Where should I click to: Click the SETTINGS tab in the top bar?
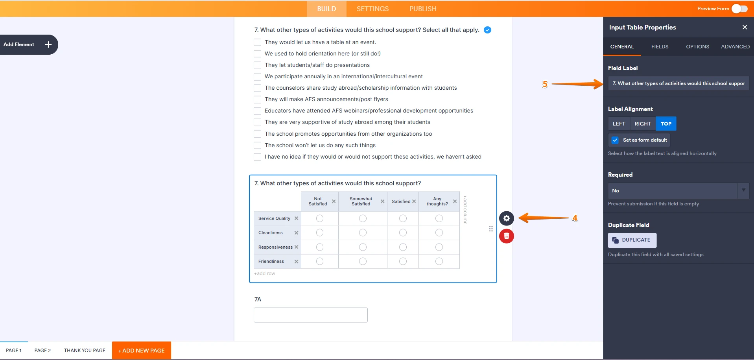click(x=372, y=9)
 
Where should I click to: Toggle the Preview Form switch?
click(x=739, y=9)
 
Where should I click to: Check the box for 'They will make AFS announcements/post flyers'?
click(x=257, y=100)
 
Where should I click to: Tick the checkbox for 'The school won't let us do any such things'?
click(x=257, y=146)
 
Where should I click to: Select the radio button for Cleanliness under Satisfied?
click(x=403, y=233)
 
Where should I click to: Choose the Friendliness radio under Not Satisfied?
click(x=320, y=261)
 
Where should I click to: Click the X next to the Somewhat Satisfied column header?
click(x=382, y=201)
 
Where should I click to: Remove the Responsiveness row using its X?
click(x=296, y=247)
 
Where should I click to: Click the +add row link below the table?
click(x=264, y=273)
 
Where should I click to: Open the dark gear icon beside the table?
click(x=506, y=218)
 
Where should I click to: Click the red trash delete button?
click(x=506, y=236)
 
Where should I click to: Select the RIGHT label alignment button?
click(x=643, y=124)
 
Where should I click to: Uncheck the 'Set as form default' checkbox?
click(x=615, y=140)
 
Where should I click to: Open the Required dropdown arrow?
click(x=743, y=190)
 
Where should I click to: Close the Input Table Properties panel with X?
click(x=744, y=27)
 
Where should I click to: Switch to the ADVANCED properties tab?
click(x=735, y=46)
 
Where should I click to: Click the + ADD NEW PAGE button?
click(x=142, y=350)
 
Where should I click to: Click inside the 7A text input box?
click(x=310, y=315)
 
